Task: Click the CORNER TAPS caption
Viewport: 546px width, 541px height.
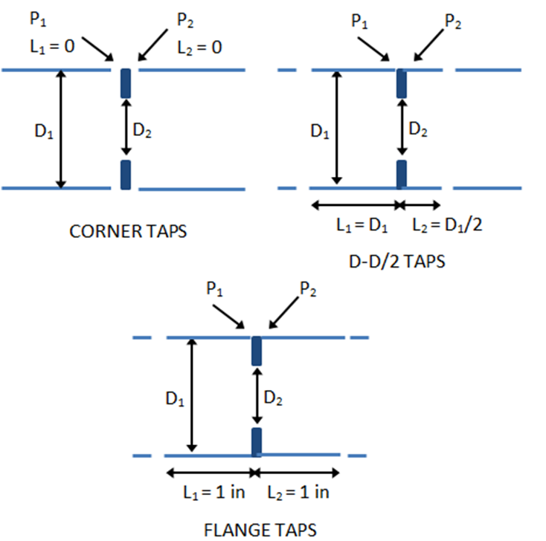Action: click(128, 231)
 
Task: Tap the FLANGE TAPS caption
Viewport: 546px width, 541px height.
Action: click(260, 529)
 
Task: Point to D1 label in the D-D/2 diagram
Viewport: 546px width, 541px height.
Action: click(320, 133)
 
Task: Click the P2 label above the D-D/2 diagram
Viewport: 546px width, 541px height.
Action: click(452, 21)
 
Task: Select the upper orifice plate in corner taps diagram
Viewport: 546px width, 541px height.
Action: click(125, 83)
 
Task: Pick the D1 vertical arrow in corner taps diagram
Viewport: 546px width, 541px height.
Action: click(62, 129)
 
